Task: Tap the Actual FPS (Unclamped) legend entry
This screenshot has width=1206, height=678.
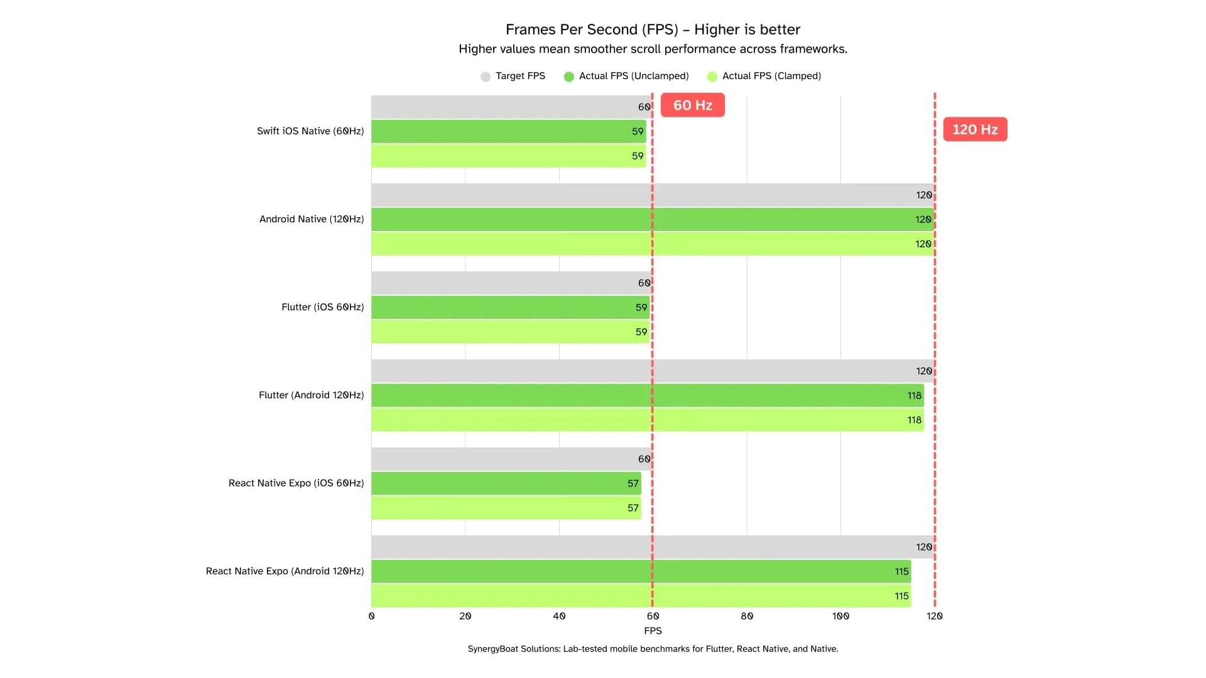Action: point(626,76)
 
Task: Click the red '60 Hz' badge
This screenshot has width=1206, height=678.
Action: point(692,105)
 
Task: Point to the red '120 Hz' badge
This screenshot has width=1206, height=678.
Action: point(975,130)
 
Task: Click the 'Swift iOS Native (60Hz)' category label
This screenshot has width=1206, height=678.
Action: point(310,131)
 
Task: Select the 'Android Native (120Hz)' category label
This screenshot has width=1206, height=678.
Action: point(312,219)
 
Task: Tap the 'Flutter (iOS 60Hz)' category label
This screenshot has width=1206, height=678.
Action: point(322,307)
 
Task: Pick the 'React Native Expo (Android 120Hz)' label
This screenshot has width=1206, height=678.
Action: point(285,571)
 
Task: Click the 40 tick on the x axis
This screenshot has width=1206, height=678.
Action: point(559,616)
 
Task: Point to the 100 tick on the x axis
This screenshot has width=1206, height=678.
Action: point(840,616)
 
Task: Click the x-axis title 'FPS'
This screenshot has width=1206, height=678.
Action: point(653,631)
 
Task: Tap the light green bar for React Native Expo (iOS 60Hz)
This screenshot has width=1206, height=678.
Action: point(503,508)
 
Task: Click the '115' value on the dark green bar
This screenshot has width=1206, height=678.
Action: point(901,572)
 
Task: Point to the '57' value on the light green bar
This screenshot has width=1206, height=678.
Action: point(633,508)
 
